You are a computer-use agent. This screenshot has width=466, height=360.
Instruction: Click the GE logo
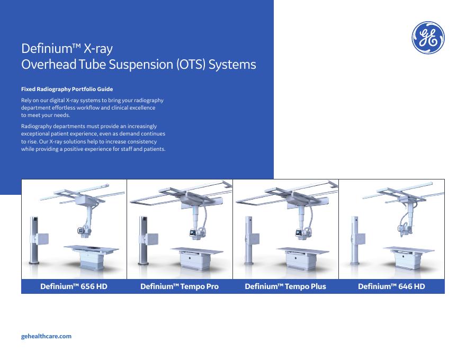point(428,38)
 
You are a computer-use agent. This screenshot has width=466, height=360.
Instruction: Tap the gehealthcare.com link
point(46,336)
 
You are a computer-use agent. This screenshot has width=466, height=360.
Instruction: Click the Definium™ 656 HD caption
point(74,286)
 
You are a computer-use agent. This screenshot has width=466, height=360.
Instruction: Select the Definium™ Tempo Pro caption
point(180,286)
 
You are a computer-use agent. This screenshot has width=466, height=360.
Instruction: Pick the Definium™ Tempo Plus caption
point(285,286)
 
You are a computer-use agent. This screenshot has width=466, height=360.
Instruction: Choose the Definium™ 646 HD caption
point(391,286)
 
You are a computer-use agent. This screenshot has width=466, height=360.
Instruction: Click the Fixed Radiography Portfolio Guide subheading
point(67,89)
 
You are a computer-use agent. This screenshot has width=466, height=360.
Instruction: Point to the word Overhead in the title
point(49,64)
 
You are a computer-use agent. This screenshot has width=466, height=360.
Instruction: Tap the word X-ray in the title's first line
point(98,49)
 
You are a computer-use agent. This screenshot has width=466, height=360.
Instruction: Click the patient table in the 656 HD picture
point(91,257)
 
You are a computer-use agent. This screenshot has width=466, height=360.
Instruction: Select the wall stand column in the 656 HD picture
point(34,240)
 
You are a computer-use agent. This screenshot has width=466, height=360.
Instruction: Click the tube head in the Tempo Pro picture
point(196,232)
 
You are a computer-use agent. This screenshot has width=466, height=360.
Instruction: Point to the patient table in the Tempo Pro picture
point(197,258)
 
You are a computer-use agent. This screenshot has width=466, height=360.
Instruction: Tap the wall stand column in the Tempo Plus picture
point(249,240)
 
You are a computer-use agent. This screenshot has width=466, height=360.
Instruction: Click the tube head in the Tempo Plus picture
point(302,232)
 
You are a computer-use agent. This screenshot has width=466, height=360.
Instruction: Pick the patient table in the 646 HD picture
point(409,256)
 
